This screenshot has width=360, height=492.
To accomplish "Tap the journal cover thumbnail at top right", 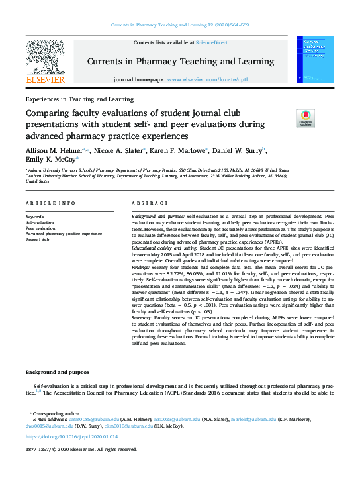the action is pos(314,60).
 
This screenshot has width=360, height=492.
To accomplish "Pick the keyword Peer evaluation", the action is pos(41,228).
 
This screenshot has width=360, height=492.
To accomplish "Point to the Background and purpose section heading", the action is pos(58,372).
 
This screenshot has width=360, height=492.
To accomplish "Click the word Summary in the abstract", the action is pos(144,318).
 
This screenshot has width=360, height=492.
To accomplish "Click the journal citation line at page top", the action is pos(179,25).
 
